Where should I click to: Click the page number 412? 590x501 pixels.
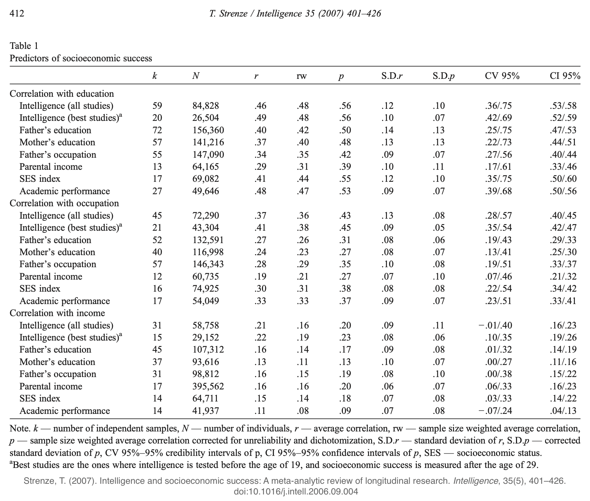(17, 13)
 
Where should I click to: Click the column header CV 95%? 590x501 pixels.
(502, 76)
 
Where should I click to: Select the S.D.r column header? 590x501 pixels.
(392, 76)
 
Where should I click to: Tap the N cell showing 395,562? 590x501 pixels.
(208, 386)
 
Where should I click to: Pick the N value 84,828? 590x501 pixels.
(206, 106)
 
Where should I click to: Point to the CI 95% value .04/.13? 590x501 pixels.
(563, 411)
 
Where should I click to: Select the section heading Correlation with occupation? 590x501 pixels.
(64, 203)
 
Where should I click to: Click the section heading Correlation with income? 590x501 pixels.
(57, 313)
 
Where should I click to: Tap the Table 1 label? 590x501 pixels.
(24, 46)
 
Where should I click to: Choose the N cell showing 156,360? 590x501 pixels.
(208, 130)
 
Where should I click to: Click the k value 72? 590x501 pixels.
(157, 130)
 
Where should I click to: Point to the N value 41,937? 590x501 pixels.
(206, 411)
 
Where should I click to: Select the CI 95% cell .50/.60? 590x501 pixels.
(563, 179)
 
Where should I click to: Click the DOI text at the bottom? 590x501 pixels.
(296, 491)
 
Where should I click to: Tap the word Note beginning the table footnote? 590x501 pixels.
(20, 429)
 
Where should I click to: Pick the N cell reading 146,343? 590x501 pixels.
(208, 264)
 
